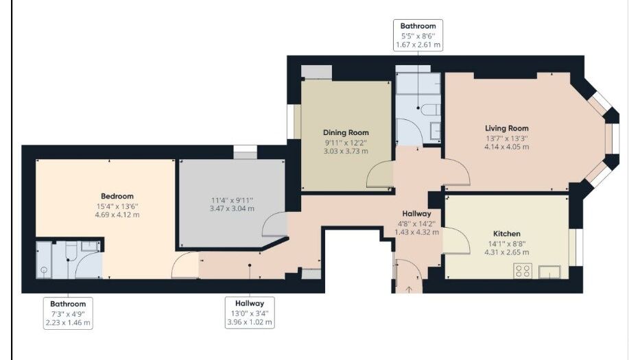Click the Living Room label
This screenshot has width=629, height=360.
[507, 128]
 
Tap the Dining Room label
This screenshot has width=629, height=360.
[346, 133]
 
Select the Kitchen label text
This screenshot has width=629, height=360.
[507, 234]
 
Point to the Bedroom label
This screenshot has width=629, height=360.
[117, 196]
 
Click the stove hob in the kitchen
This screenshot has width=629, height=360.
[523, 271]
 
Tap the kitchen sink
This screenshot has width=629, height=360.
[549, 272]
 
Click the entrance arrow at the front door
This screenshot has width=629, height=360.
[409, 289]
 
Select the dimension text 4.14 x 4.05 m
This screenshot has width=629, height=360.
[507, 147]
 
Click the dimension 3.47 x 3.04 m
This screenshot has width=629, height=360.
[232, 208]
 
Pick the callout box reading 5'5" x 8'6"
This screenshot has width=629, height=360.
[418, 35]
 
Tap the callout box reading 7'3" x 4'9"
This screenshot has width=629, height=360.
[68, 313]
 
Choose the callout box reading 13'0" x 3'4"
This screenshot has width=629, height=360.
[250, 313]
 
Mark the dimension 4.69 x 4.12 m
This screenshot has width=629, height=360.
[117, 215]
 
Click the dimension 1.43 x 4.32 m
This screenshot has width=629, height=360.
[417, 232]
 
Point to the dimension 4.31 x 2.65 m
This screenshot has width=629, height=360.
[507, 252]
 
